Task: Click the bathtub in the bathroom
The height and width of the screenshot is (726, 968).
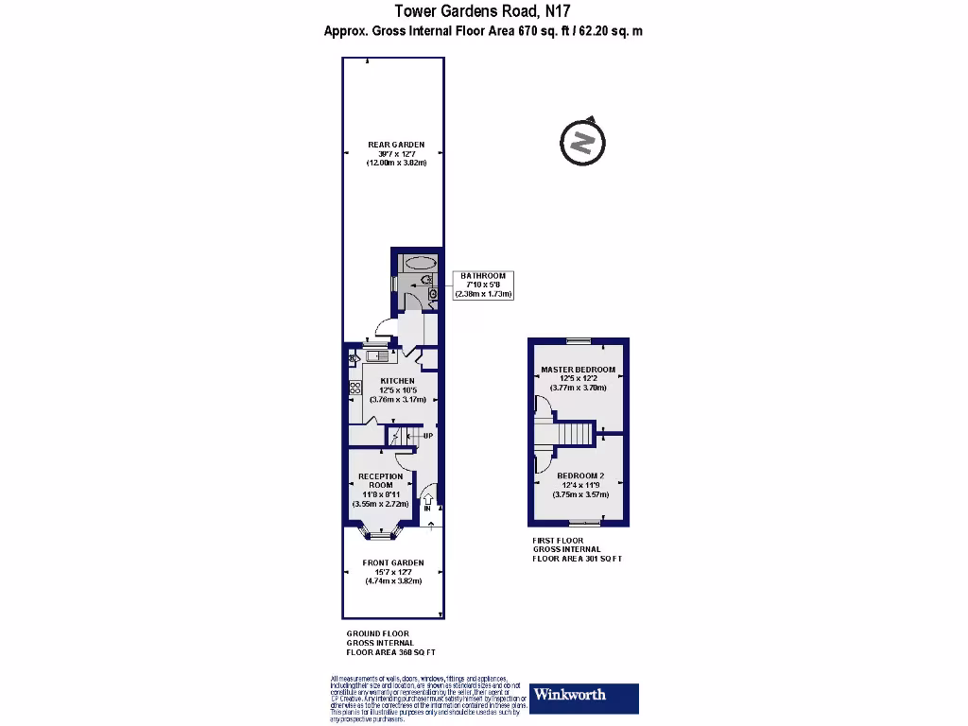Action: pos(418,264)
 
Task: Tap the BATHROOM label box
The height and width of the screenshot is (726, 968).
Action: pos(483,285)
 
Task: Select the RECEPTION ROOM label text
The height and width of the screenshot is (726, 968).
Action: pos(380,480)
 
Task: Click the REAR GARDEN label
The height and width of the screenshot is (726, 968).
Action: pos(396,145)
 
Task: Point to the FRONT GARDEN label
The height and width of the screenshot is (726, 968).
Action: pos(393,562)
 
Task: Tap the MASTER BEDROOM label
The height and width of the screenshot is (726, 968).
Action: pos(578,370)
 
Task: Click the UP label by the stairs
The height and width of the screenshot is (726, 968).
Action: pos(428,436)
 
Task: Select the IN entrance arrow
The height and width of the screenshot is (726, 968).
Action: pos(427,501)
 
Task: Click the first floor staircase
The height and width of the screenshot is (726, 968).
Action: pos(573,434)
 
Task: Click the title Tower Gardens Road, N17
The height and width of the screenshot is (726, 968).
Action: pos(483,11)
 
